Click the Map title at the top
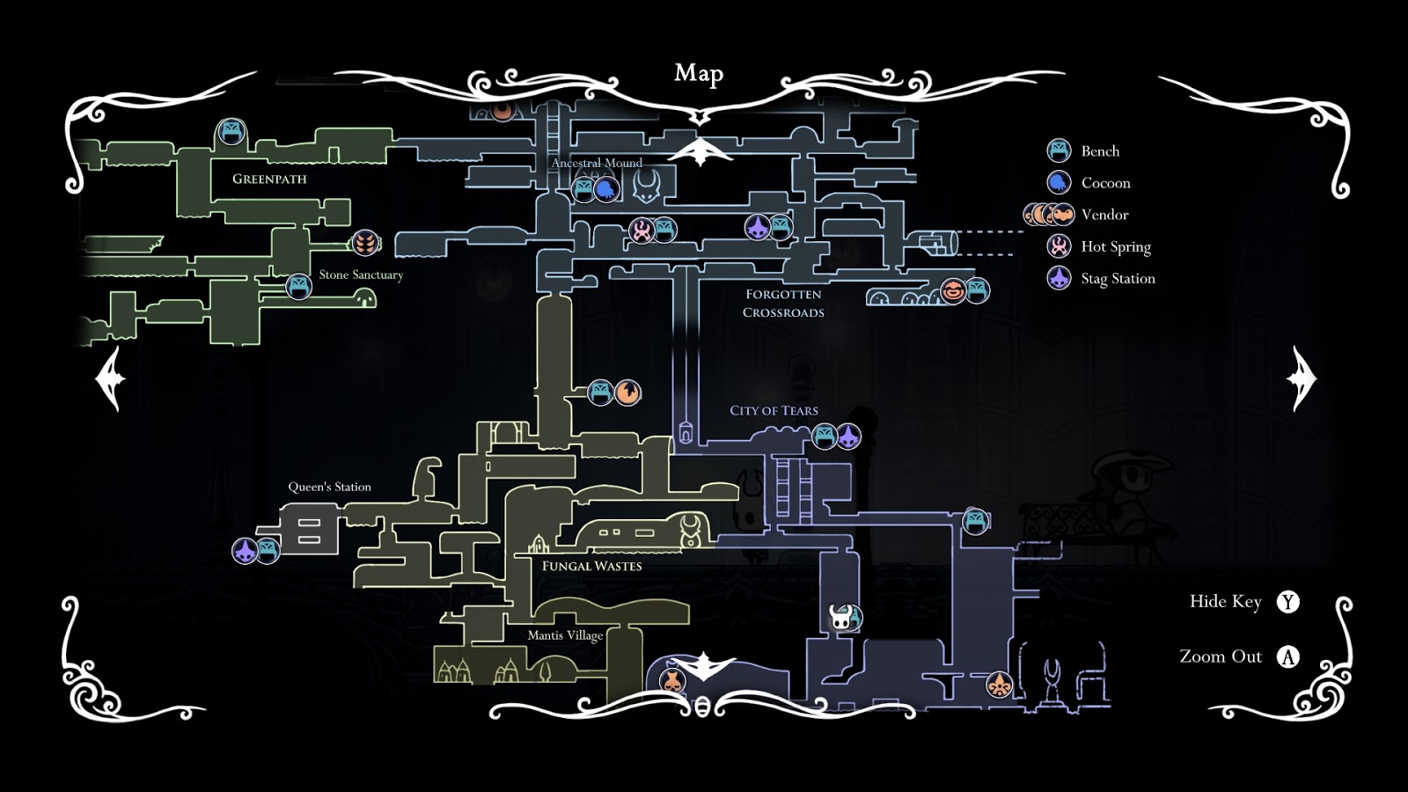pos(699,74)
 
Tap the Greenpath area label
pos(269,179)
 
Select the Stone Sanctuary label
pos(361,275)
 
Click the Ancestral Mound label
pos(597,163)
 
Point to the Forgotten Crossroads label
pos(783,304)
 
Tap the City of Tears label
pos(774,410)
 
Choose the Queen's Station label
pos(329,487)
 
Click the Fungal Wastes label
pos(591,566)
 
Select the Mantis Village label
pos(565,635)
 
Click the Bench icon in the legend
pos(1059,150)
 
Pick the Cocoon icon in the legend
pos(1059,182)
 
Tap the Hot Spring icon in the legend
pos(1059,246)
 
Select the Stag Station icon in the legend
pos(1059,278)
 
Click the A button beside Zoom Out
pos(1288,656)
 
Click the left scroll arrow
pos(111,378)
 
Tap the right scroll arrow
pos(1302,378)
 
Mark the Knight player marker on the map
pos(842,617)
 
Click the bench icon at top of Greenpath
pos(231,133)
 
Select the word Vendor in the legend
pos(1104,215)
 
